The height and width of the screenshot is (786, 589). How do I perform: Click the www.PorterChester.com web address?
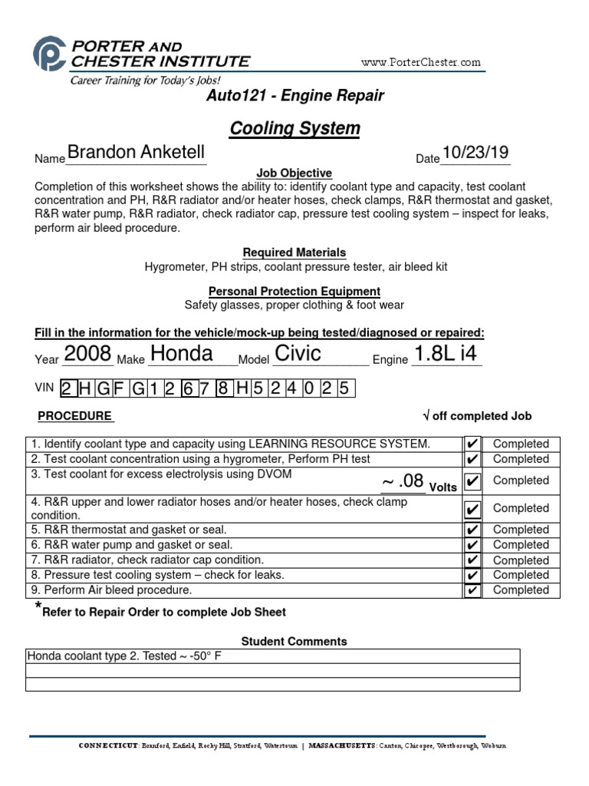point(420,62)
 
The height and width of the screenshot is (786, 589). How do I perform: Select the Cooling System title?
point(294,128)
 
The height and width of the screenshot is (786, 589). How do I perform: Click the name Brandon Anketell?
point(136,153)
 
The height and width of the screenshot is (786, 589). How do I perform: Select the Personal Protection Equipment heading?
point(294,292)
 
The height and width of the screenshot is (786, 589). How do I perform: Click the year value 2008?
point(87,354)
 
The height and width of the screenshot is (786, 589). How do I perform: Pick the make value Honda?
point(182,354)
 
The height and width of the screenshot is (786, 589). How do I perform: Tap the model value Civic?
point(298,354)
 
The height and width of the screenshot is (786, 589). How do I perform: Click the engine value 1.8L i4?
point(445,354)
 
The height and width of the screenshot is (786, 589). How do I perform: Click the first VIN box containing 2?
point(67,389)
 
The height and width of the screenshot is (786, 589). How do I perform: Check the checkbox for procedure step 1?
point(472,444)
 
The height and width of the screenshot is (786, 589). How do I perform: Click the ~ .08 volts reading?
point(403,481)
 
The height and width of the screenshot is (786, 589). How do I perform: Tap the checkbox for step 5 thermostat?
point(472,530)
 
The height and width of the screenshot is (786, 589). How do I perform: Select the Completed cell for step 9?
point(521,590)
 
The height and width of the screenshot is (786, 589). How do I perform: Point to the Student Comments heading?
point(294,642)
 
